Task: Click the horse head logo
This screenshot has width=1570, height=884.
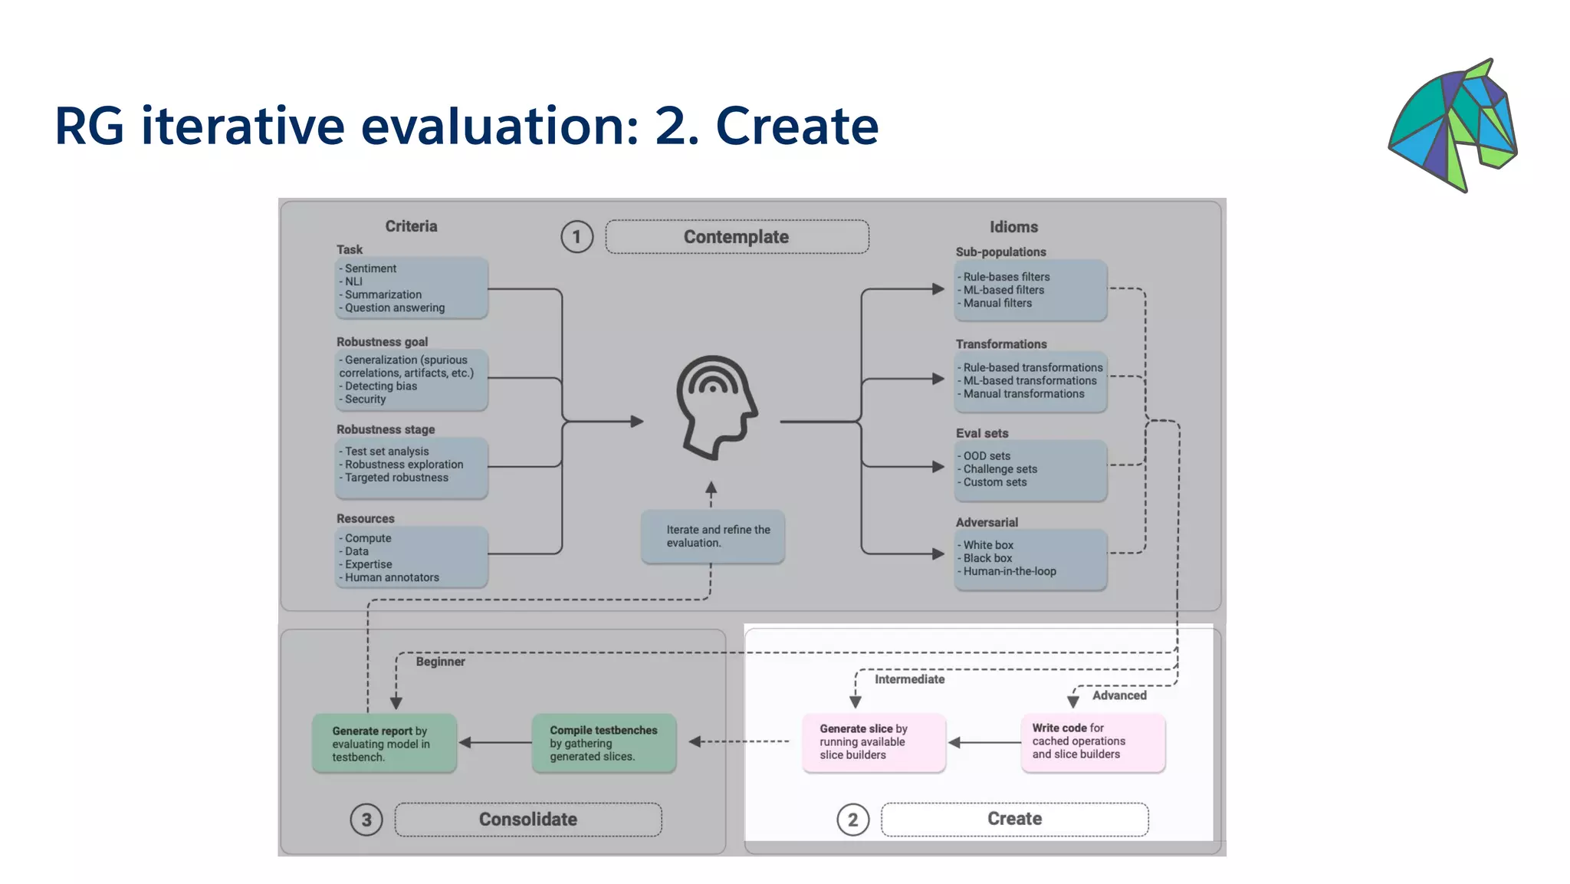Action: point(1453,125)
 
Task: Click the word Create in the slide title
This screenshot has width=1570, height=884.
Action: point(796,126)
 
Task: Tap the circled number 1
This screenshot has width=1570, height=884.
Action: point(576,237)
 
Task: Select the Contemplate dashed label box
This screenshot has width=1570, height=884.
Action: point(737,237)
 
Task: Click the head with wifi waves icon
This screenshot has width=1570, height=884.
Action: point(716,407)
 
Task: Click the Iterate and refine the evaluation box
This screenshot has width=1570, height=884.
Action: point(713,536)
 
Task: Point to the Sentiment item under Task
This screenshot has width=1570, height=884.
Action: point(370,268)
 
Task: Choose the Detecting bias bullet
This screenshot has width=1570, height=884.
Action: point(380,386)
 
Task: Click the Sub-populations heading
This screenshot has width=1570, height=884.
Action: point(1000,251)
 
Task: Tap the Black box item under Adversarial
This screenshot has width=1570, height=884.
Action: point(987,558)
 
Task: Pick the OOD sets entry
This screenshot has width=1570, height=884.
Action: point(987,455)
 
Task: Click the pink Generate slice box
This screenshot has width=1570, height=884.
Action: point(873,742)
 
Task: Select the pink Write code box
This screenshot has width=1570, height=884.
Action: point(1092,741)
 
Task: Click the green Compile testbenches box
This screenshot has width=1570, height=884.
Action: point(603,743)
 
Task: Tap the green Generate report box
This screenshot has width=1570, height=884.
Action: point(384,743)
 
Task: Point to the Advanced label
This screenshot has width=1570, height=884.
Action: point(1119,695)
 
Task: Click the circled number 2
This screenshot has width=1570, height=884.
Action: point(852,820)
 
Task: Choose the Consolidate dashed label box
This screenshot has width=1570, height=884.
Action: point(528,820)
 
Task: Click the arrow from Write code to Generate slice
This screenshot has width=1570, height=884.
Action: point(984,742)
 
